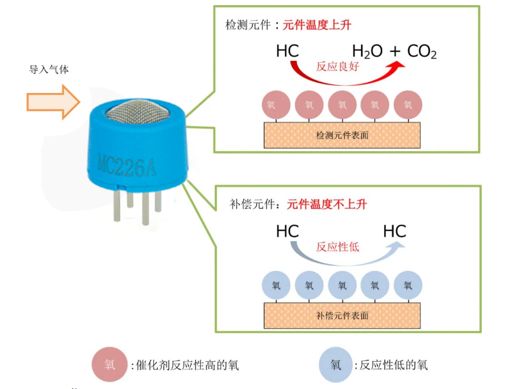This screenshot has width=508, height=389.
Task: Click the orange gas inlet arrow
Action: [53, 102]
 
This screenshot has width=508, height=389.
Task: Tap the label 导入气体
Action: [49, 70]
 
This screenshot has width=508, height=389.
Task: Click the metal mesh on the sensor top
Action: [137, 111]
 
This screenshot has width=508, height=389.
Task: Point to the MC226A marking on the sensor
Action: [127, 166]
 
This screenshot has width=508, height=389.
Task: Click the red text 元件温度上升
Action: [317, 25]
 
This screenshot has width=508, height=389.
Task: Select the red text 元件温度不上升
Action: [327, 204]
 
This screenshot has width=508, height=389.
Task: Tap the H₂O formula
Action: [367, 52]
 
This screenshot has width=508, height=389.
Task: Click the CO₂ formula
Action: [422, 52]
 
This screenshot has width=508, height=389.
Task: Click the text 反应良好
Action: [338, 66]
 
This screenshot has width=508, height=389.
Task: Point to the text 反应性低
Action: [338, 247]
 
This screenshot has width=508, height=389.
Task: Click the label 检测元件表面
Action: [342, 135]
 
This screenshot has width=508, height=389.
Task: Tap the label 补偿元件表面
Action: [342, 315]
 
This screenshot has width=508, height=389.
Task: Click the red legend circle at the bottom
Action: [109, 364]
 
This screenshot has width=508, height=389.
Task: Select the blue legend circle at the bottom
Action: [336, 365]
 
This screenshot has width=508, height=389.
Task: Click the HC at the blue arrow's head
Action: [395, 232]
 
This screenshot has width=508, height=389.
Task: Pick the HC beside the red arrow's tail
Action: [287, 51]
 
